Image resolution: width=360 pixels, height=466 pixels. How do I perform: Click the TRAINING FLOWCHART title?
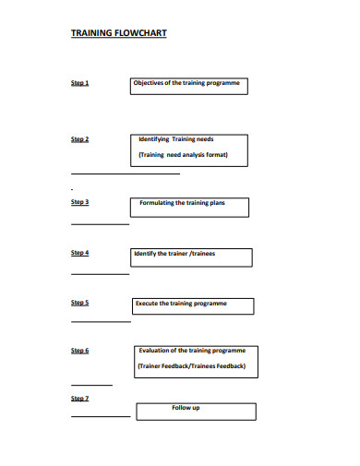(119, 32)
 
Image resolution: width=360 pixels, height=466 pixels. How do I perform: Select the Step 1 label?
(80, 83)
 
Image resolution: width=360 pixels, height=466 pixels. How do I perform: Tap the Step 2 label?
(80, 139)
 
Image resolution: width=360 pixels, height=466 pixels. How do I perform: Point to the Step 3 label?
(80, 201)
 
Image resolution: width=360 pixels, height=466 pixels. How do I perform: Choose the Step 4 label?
(80, 252)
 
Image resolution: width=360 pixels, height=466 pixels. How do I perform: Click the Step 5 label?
(80, 302)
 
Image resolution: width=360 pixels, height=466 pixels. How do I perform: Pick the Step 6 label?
(80, 351)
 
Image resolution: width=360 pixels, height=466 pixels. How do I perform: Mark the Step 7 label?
(80, 398)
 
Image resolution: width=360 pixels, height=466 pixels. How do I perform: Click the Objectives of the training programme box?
(189, 86)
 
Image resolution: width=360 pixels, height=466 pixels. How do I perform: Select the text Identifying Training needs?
(183, 139)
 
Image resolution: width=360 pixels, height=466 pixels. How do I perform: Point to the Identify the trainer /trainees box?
(190, 255)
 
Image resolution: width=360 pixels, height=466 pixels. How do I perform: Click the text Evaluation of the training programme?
(192, 351)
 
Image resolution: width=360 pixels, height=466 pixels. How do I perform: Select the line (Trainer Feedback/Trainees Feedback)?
(192, 366)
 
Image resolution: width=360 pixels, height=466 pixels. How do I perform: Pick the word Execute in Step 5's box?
(147, 303)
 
